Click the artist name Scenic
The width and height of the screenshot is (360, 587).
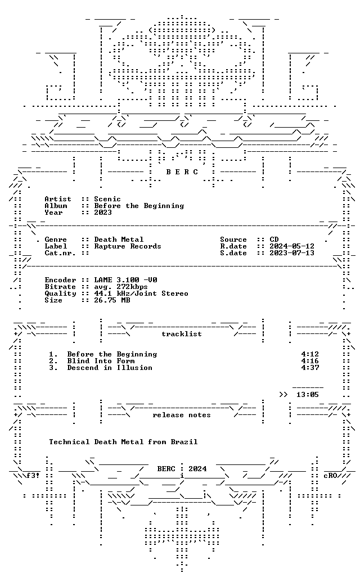(107, 199)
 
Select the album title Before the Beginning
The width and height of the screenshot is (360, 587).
(139, 206)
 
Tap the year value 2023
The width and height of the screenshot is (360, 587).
(102, 213)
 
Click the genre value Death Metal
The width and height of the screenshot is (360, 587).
(118, 240)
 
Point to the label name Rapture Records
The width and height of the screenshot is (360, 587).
(127, 246)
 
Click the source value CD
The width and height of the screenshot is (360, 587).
(274, 240)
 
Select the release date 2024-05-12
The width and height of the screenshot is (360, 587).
(292, 246)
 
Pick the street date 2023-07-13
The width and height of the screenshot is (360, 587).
(292, 253)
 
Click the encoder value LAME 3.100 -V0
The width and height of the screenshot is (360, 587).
(125, 280)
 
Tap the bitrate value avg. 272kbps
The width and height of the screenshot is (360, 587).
(120, 287)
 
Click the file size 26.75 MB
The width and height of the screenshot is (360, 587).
(111, 300)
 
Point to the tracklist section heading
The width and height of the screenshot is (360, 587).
(182, 334)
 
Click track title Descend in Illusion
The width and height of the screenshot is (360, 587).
(110, 368)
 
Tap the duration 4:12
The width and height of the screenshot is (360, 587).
(310, 354)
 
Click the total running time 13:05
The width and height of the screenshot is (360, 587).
(307, 395)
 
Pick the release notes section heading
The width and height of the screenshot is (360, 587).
(182, 415)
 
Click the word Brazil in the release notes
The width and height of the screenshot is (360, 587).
(184, 442)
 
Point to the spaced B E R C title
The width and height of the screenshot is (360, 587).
(182, 172)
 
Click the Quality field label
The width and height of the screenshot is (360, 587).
(60, 293)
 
